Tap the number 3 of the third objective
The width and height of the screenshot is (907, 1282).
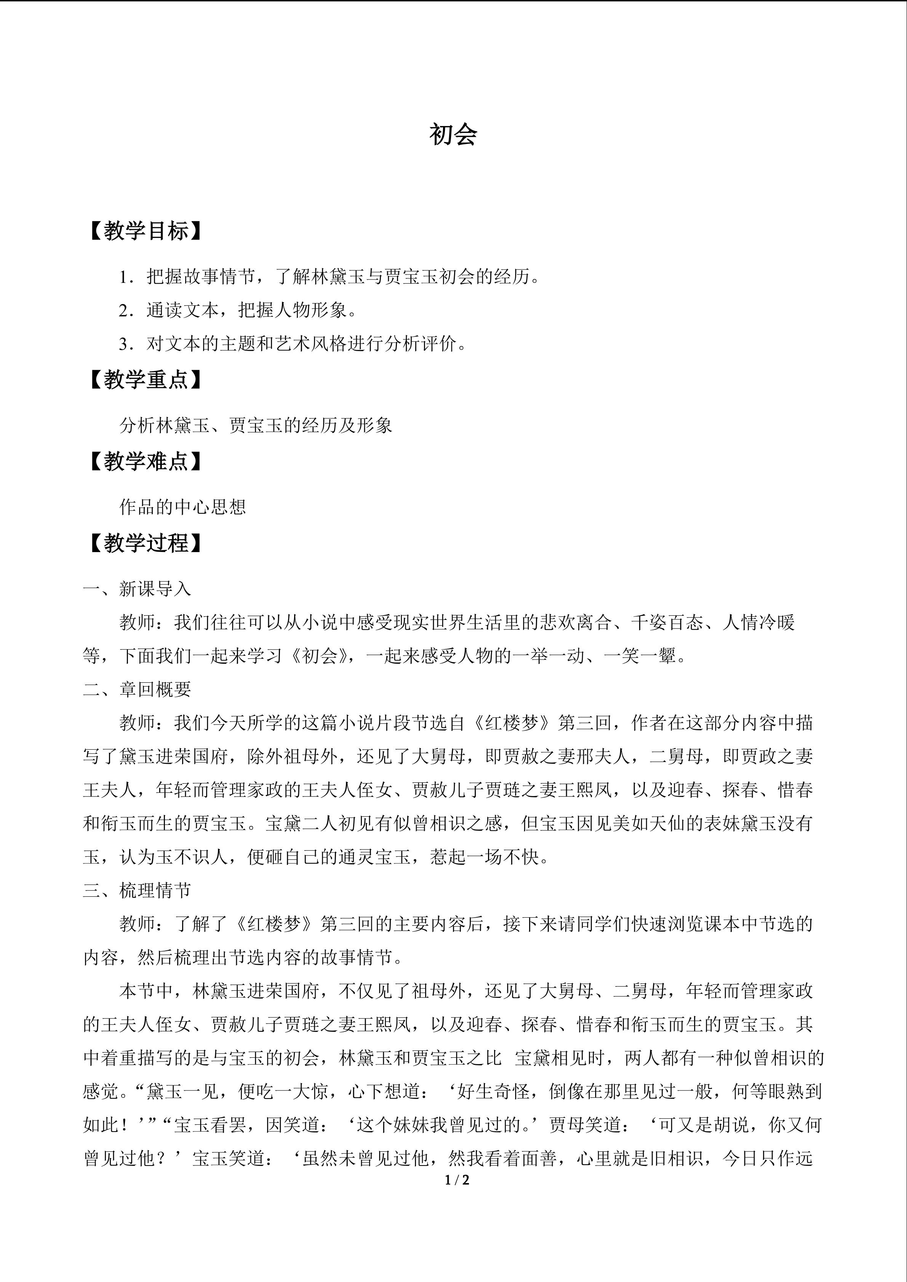123,344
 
